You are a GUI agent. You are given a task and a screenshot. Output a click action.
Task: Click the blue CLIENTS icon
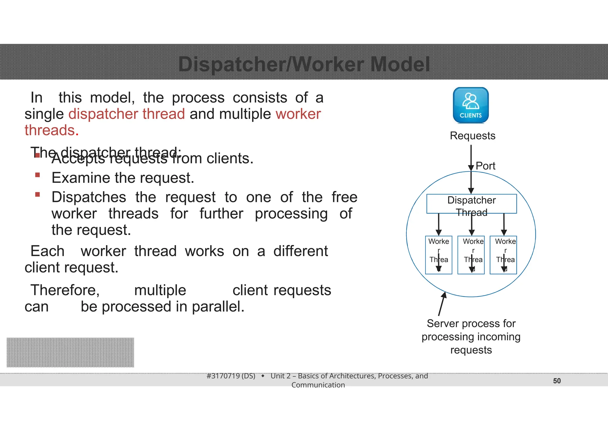[471, 105]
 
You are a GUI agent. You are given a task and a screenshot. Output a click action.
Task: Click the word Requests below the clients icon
[472, 136]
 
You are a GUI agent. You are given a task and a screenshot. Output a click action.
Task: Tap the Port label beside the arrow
[485, 166]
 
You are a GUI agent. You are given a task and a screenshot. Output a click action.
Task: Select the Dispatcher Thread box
[471, 204]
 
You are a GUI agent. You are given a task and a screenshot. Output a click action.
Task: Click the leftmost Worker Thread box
[438, 255]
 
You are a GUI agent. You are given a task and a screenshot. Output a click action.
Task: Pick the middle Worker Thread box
[471, 255]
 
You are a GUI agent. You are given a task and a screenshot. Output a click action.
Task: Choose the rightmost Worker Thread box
[503, 255]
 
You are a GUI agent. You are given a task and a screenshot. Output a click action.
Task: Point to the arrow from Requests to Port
[471, 156]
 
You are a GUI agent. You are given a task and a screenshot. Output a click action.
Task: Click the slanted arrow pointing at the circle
[442, 304]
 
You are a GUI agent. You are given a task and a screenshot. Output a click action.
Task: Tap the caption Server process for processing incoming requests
[471, 336]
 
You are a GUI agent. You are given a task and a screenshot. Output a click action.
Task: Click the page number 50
[557, 381]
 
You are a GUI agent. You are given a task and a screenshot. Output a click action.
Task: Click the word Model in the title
[400, 64]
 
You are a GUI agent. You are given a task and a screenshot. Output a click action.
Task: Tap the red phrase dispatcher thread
[126, 114]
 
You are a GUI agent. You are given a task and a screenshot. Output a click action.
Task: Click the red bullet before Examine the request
[37, 175]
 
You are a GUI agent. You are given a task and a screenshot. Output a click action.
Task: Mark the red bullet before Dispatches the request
[37, 195]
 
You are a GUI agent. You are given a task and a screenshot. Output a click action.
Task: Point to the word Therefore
[65, 290]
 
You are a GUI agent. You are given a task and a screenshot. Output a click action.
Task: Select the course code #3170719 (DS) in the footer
[231, 376]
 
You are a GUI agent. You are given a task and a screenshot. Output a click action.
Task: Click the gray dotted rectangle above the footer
[70, 352]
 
